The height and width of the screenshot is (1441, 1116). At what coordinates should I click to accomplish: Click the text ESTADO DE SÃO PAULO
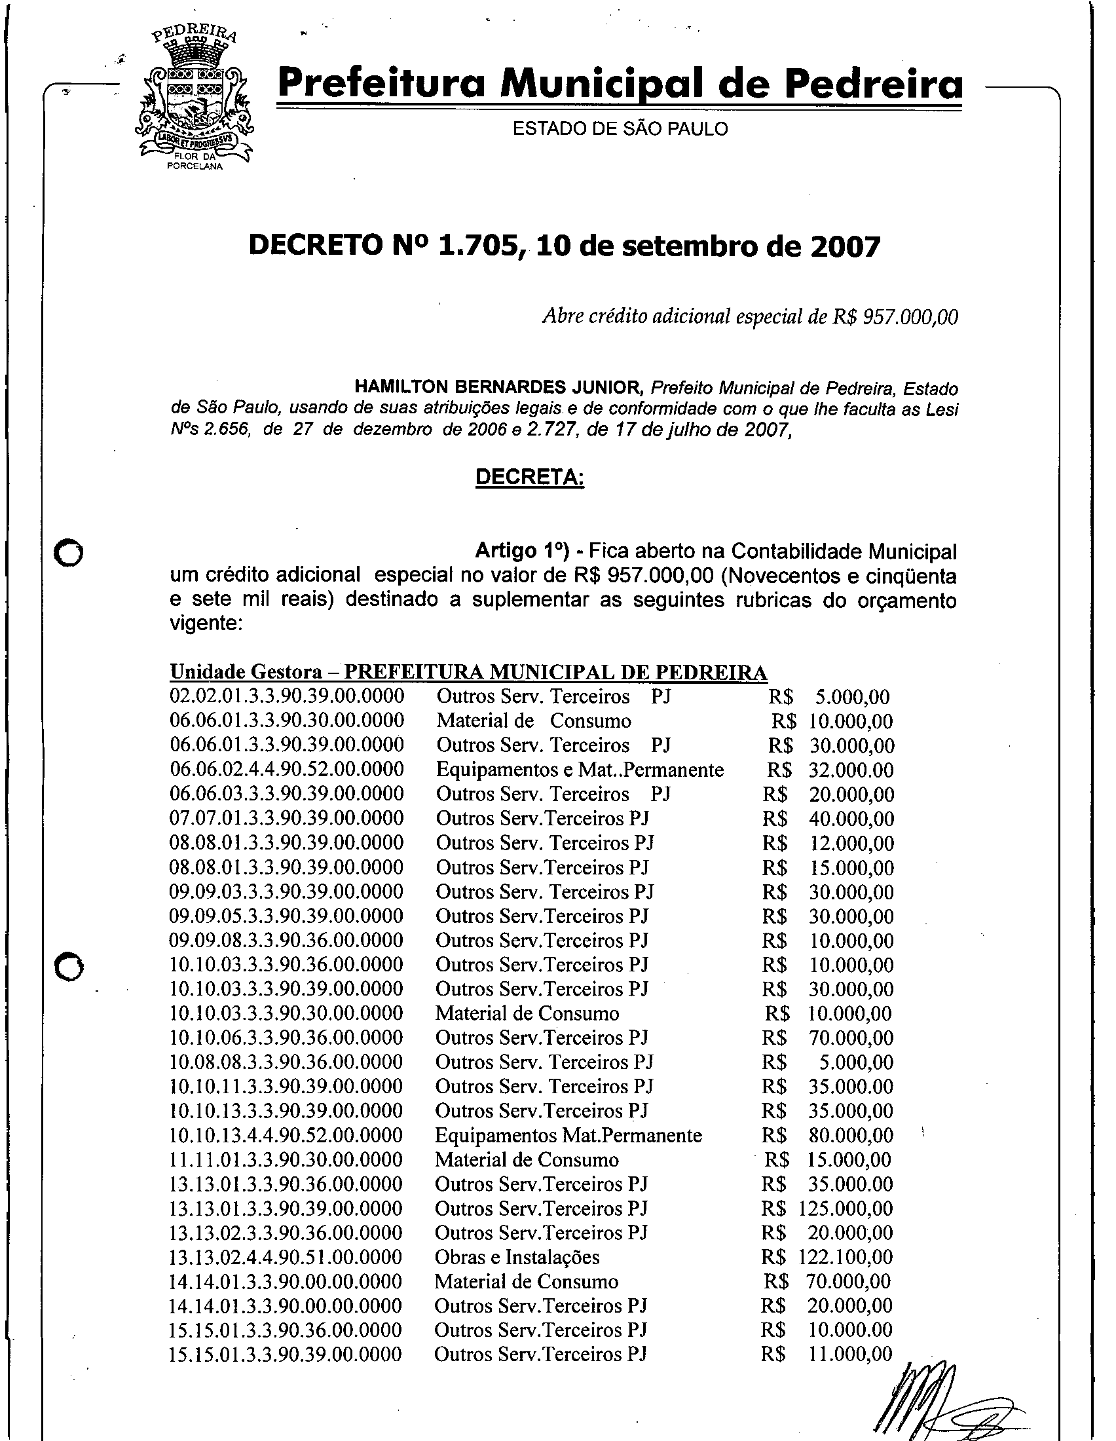pos(620,129)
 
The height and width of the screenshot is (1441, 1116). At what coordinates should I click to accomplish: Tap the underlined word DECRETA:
pos(530,477)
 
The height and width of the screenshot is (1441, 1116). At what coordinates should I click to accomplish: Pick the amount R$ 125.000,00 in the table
pos(827,1208)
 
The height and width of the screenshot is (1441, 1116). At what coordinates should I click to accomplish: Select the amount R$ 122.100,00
pos(827,1258)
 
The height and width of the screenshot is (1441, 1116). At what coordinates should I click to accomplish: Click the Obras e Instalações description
pos(517,1258)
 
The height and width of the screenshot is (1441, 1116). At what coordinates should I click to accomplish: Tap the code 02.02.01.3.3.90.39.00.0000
pos(287,697)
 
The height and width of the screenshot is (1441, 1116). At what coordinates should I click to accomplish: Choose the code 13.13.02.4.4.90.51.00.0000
pos(286,1258)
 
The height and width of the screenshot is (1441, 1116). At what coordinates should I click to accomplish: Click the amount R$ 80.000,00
pos(828,1136)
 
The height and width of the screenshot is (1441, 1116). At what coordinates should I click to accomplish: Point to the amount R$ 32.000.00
pos(830,770)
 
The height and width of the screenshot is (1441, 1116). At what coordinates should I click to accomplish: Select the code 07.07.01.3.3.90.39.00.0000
pos(286,819)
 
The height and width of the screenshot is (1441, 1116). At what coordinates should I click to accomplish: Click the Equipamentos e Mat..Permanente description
pos(580,770)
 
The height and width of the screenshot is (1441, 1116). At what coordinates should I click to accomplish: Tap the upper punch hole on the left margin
pos(68,553)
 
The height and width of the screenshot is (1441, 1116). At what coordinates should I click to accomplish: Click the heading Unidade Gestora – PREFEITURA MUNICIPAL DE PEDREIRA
pos(468,672)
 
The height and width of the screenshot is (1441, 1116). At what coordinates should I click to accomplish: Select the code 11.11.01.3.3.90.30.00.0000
pos(286,1160)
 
